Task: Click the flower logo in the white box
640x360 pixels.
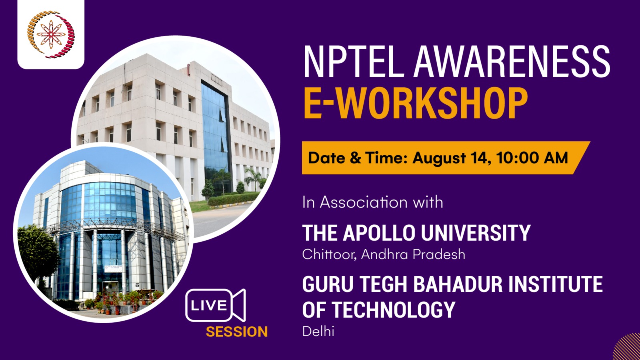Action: tap(51, 34)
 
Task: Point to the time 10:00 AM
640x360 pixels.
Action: tap(532, 158)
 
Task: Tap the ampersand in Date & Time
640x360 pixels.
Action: tap(356, 158)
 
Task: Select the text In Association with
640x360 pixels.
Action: tap(372, 202)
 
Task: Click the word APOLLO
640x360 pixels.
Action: tap(379, 233)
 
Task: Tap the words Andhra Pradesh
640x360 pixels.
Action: tap(413, 254)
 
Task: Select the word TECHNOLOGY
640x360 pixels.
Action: tap(394, 310)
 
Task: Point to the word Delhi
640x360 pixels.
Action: tap(318, 332)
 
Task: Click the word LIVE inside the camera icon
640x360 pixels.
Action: tap(208, 306)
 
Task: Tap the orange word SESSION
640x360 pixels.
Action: tap(237, 332)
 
